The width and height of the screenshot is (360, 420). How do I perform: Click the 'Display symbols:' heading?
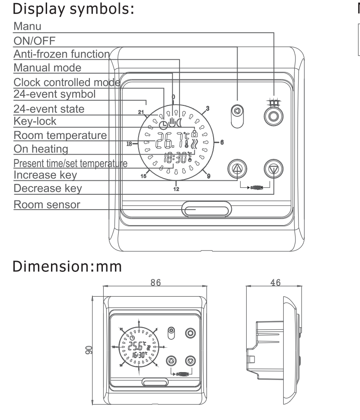(x=73, y=9)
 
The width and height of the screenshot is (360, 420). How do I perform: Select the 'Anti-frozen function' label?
(x=61, y=54)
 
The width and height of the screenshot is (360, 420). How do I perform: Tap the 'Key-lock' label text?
(x=35, y=122)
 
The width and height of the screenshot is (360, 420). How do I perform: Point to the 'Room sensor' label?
(x=47, y=205)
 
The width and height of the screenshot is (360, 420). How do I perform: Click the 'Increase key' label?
(x=45, y=175)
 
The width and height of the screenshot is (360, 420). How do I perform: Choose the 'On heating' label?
(x=41, y=149)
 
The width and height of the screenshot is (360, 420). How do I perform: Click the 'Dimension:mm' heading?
(x=67, y=267)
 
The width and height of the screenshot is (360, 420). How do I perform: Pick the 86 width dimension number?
(x=156, y=283)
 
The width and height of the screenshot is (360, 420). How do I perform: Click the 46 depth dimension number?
(x=275, y=283)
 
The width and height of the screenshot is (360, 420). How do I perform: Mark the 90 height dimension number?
(x=89, y=350)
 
